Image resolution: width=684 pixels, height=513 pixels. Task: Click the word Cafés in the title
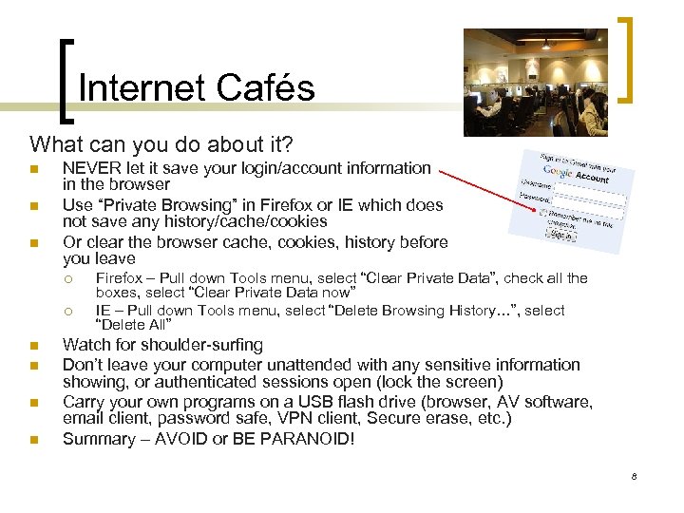coord(266,88)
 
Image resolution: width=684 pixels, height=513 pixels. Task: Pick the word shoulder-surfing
coord(207,346)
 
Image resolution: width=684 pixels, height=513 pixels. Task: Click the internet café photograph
coord(535,82)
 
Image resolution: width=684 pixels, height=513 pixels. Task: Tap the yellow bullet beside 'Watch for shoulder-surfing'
coord(33,347)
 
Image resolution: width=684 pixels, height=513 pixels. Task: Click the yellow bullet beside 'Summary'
coord(33,440)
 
